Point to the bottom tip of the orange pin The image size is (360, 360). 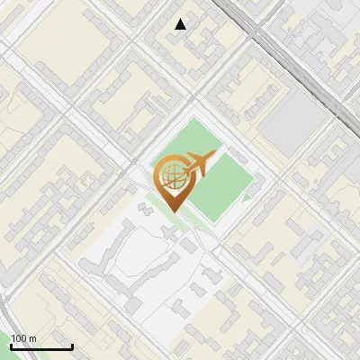pos(173,211)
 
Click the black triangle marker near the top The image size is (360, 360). pos(181,24)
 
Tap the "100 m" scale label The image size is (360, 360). pos(23,338)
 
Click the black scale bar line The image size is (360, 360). pos(41,346)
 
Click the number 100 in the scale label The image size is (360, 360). pos(20,338)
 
